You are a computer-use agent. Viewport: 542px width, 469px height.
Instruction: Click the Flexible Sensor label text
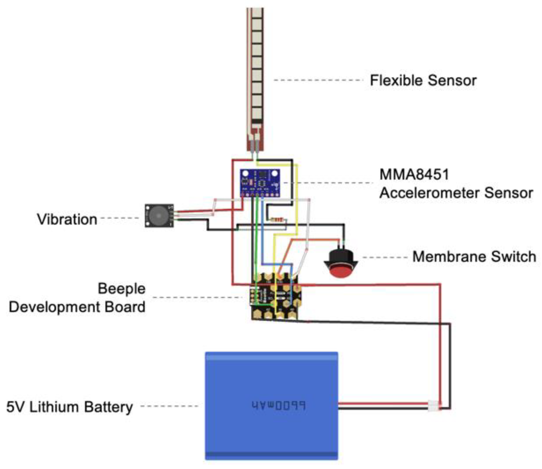(x=423, y=80)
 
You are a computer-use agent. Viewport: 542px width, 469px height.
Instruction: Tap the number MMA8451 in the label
(x=414, y=175)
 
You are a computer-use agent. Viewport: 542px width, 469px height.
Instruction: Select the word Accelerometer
(x=430, y=193)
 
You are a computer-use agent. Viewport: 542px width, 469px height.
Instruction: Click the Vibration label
(x=67, y=219)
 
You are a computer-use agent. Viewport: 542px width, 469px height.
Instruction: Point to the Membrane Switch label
(x=474, y=257)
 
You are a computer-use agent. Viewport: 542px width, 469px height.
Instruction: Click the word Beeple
(x=122, y=288)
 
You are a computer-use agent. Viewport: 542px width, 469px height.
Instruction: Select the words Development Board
(x=77, y=307)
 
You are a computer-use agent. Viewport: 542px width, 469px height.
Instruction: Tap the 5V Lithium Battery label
(x=69, y=407)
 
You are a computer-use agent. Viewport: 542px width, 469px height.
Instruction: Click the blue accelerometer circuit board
(x=260, y=183)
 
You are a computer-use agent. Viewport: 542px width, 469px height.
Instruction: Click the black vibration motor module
(x=159, y=216)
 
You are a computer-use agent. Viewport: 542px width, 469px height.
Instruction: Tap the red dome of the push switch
(x=340, y=271)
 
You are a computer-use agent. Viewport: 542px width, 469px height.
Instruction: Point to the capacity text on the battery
(x=278, y=405)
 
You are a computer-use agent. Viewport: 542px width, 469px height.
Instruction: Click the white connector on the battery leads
(x=434, y=406)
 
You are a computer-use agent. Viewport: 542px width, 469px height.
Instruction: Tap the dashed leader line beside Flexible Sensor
(x=318, y=80)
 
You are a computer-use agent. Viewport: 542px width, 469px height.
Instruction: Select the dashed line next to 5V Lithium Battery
(x=169, y=406)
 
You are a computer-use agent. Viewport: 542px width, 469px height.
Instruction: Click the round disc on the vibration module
(x=158, y=216)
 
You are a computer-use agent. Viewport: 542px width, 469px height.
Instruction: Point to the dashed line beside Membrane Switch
(x=385, y=258)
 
